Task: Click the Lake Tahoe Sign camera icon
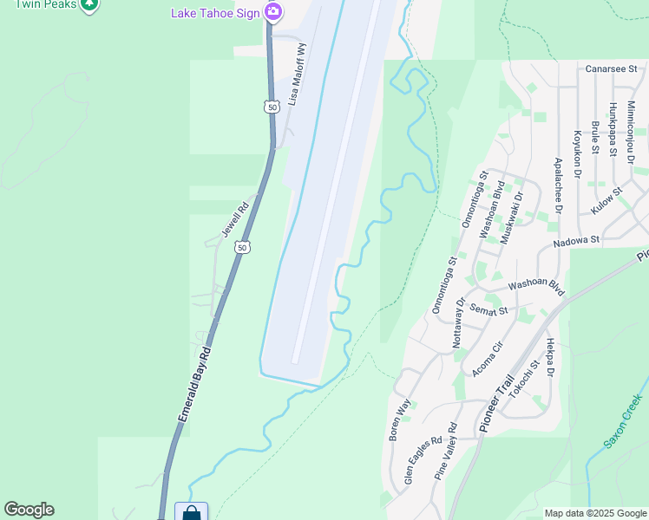tap(273, 11)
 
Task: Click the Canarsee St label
tap(611, 68)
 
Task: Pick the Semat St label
tap(487, 308)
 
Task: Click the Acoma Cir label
tap(486, 360)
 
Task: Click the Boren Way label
tap(399, 420)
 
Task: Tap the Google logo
tap(29, 510)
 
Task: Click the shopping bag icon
tap(191, 512)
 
